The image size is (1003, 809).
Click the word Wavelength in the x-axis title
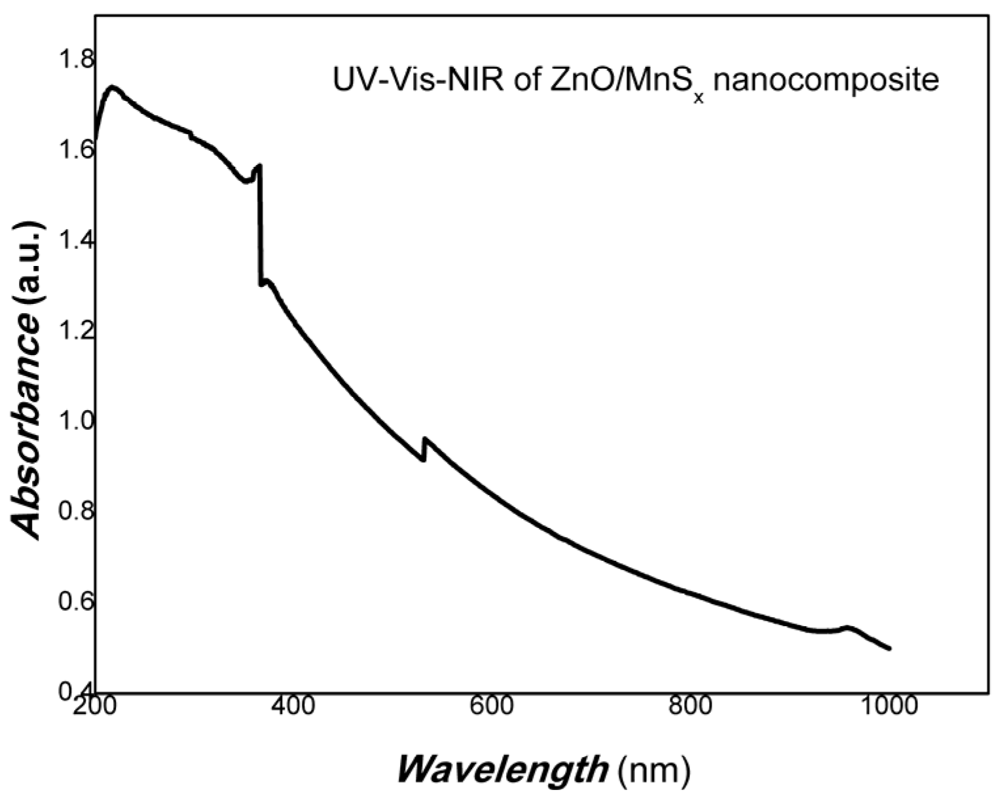(502, 770)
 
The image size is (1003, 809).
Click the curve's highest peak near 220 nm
(113, 87)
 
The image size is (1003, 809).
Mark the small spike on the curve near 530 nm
(425, 440)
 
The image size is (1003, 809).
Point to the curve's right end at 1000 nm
(889, 649)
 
